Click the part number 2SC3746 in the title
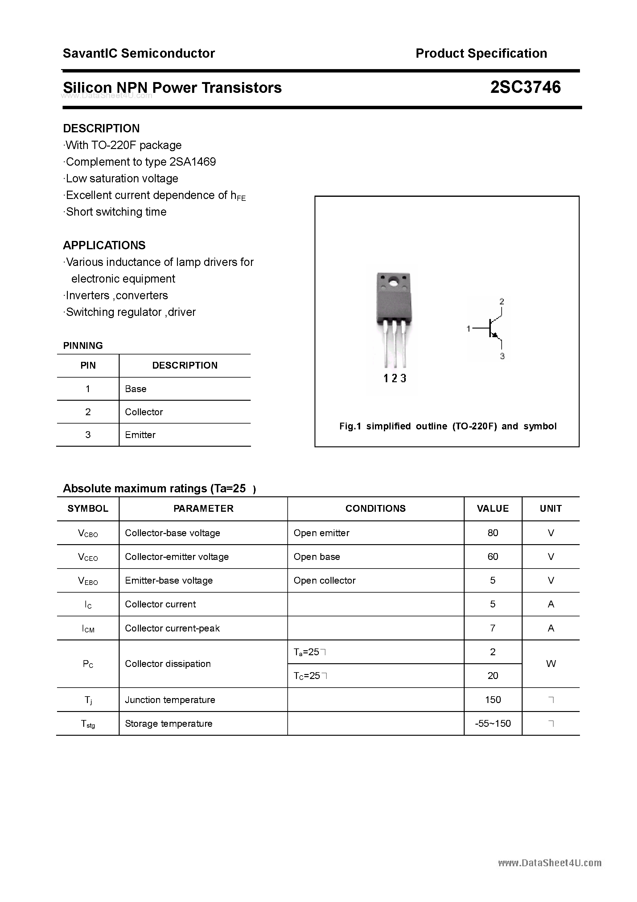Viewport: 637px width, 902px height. tap(525, 87)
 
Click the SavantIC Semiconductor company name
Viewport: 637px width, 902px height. tap(139, 53)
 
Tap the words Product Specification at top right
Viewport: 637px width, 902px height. tap(481, 53)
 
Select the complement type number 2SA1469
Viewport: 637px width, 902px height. tap(192, 162)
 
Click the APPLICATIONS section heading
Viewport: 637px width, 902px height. tap(104, 245)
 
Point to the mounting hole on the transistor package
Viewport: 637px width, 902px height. tap(393, 282)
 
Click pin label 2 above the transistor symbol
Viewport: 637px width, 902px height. tap(502, 301)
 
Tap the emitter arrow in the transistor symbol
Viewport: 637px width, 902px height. tap(495, 335)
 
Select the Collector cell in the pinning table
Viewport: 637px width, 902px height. tap(144, 412)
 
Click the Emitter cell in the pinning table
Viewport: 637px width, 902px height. tap(140, 435)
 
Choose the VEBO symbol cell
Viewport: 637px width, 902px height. tap(88, 581)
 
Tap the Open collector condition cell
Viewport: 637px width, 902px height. tap(324, 580)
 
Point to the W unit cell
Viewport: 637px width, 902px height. tap(551, 664)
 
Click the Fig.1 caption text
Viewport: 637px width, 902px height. tap(447, 426)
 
